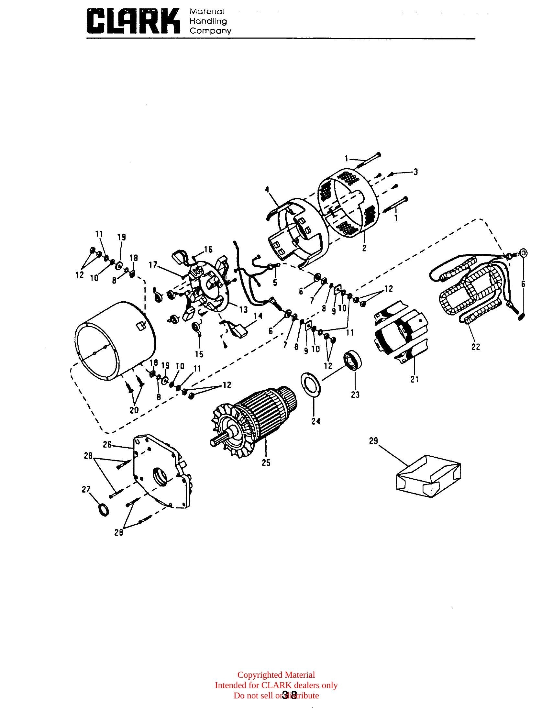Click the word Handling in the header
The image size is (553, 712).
208,21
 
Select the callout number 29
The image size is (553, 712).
373,441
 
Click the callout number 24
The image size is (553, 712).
315,421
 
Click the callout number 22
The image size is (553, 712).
476,347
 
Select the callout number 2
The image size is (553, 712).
364,248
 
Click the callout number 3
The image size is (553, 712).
415,172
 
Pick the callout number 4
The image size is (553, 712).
267,190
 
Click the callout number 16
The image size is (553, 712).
208,250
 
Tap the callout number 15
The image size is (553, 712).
199,354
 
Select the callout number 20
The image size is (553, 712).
134,410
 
